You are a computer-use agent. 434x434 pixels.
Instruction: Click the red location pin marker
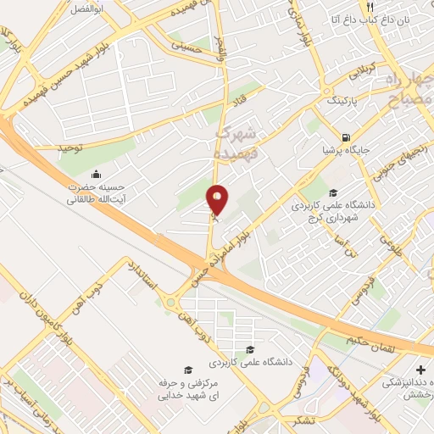pyautogui.click(x=219, y=200)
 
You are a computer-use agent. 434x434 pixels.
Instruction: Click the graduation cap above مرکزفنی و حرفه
pyautogui.click(x=187, y=370)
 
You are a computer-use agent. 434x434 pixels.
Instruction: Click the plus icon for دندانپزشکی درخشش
pyautogui.click(x=421, y=370)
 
